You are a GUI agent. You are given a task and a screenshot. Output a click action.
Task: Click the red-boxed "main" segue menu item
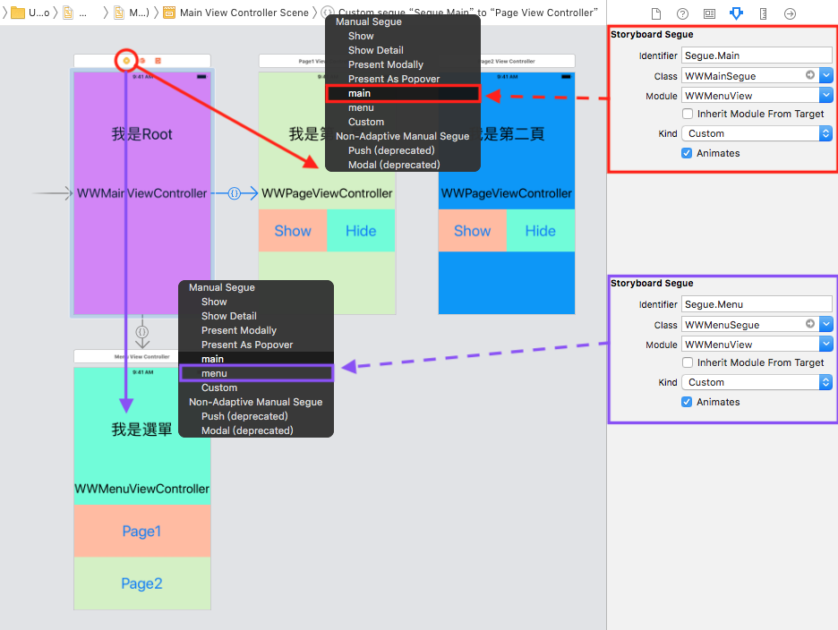403,93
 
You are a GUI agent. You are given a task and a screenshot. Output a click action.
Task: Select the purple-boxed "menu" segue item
256,373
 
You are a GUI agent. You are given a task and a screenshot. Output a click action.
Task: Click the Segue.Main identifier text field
757,55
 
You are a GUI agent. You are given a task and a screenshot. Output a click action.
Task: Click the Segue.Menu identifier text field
757,304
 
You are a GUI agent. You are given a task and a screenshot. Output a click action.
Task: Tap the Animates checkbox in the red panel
688,153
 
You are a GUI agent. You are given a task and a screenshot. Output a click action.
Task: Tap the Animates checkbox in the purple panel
688,402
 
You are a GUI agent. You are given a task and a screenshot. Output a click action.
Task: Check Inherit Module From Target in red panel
688,114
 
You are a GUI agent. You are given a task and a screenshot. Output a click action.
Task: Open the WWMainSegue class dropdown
825,75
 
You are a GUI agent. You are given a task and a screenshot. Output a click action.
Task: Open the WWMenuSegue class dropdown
825,324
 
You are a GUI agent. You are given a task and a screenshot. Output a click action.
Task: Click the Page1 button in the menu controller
141,532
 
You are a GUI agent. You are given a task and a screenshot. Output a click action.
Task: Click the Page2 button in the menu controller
141,583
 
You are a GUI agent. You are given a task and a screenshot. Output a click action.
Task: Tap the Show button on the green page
293,231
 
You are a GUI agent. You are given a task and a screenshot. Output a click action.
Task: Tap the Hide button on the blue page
540,231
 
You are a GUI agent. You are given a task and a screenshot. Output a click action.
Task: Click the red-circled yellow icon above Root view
126,60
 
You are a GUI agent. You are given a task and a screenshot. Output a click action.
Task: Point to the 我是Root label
141,134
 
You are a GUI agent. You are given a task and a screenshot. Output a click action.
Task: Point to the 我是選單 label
141,430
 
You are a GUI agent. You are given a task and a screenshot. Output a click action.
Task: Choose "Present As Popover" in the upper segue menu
394,79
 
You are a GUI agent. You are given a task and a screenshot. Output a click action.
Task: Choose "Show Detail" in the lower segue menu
228,316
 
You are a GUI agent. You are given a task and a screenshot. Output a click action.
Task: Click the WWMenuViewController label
141,489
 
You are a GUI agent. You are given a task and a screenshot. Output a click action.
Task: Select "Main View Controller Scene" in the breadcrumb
244,13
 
